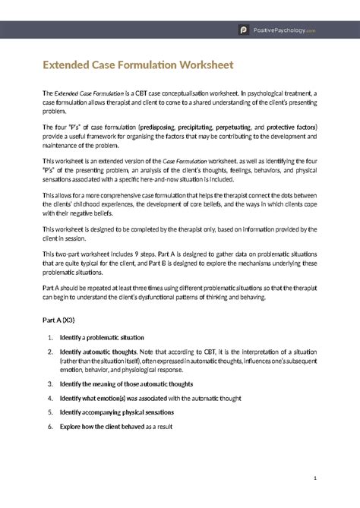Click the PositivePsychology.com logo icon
[244, 30]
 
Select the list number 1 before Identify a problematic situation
[49, 337]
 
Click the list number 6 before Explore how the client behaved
[49, 427]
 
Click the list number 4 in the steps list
[49, 397]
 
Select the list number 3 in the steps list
[49, 383]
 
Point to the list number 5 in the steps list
[49, 412]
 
